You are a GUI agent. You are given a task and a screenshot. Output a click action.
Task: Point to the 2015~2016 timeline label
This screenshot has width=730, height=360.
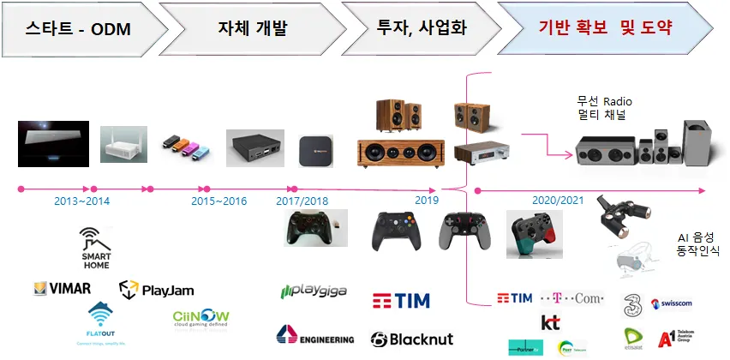pyautogui.click(x=218, y=201)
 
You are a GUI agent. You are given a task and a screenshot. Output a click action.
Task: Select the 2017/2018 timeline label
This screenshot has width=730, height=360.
pyautogui.click(x=302, y=201)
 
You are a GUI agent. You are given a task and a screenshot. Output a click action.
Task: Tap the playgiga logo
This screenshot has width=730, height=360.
pyautogui.click(x=314, y=292)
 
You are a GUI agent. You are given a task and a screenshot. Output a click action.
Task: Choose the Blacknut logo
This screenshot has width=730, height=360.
pyautogui.click(x=411, y=339)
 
